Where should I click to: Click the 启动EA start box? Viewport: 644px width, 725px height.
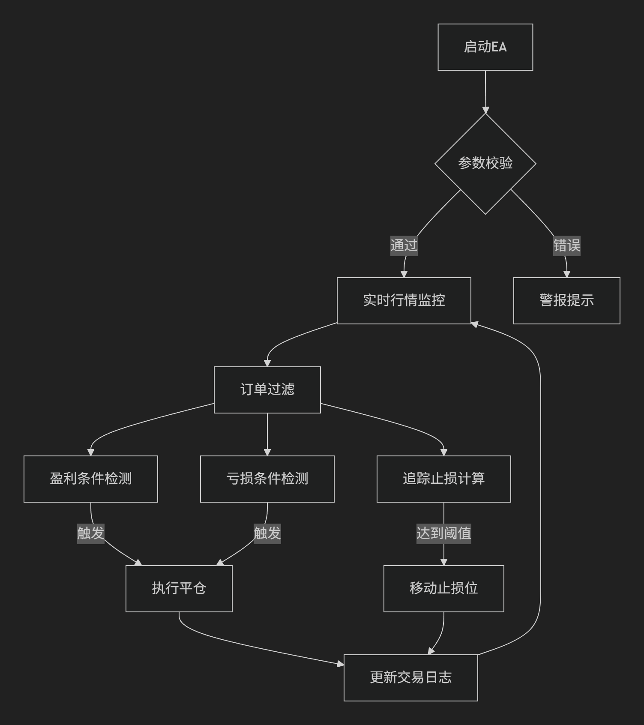pos(485,47)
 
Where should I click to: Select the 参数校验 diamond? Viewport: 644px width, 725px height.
pos(485,163)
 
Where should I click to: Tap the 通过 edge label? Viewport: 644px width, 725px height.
pos(404,246)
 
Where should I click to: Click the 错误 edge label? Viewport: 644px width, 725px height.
pos(566,246)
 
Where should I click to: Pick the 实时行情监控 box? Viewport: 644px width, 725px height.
pos(404,301)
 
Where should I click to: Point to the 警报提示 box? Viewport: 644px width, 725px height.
pos(566,301)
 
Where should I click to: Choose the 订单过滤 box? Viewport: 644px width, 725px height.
pos(267,390)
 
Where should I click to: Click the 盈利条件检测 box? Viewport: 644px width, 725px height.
pos(91,479)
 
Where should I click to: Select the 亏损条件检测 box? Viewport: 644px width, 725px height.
pos(267,479)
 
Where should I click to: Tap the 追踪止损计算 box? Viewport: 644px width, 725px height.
pos(444,479)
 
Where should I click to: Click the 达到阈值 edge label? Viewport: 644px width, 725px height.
pos(444,533)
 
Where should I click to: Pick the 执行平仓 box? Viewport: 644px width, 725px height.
pos(179,589)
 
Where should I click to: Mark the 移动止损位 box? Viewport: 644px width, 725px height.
pos(444,589)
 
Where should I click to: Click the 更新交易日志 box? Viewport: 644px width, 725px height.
pos(411,678)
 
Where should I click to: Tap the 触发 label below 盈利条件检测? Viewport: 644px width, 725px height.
pos(91,533)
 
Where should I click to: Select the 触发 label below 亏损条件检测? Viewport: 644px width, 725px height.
pos(267,533)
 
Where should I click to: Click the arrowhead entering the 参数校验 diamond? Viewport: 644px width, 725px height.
pos(485,110)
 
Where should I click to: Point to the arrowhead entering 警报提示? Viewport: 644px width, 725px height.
pos(566,274)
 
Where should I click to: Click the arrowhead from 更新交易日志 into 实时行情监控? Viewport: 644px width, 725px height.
pos(474,324)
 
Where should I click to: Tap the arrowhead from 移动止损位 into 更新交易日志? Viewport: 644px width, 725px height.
pos(431,651)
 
